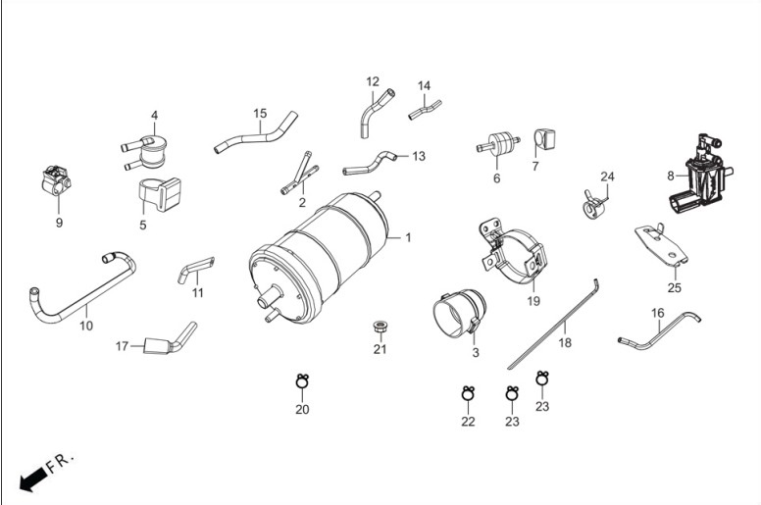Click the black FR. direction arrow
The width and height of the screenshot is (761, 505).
tap(33, 480)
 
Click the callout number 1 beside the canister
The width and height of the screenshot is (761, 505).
tap(408, 237)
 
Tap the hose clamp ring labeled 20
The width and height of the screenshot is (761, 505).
tap(302, 381)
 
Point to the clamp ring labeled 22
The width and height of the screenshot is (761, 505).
tap(468, 393)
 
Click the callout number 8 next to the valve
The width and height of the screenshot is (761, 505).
tap(670, 176)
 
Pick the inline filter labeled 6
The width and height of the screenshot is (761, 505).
tap(498, 144)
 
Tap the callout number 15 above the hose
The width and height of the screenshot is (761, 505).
tap(260, 114)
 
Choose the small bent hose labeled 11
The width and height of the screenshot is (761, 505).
tap(196, 270)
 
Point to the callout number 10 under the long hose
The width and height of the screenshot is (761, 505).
tap(86, 326)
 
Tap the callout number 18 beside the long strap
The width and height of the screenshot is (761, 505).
tap(565, 342)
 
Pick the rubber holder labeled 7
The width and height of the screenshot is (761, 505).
tap(544, 139)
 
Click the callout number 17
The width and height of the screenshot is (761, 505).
tap(122, 346)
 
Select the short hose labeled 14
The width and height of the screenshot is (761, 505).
tap(425, 110)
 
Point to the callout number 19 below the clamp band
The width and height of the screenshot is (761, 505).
tap(533, 301)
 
